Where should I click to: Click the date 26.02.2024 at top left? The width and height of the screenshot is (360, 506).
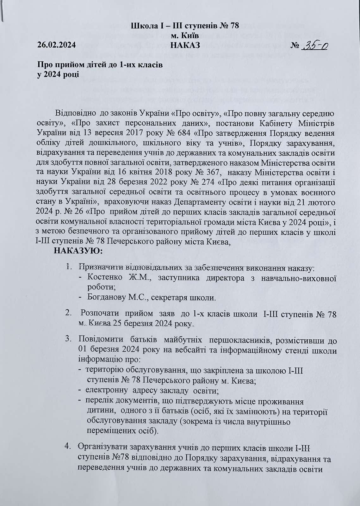point(57,45)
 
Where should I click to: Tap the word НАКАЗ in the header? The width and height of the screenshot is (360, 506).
point(185,45)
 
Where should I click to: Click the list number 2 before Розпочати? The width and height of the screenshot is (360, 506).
point(68,313)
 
